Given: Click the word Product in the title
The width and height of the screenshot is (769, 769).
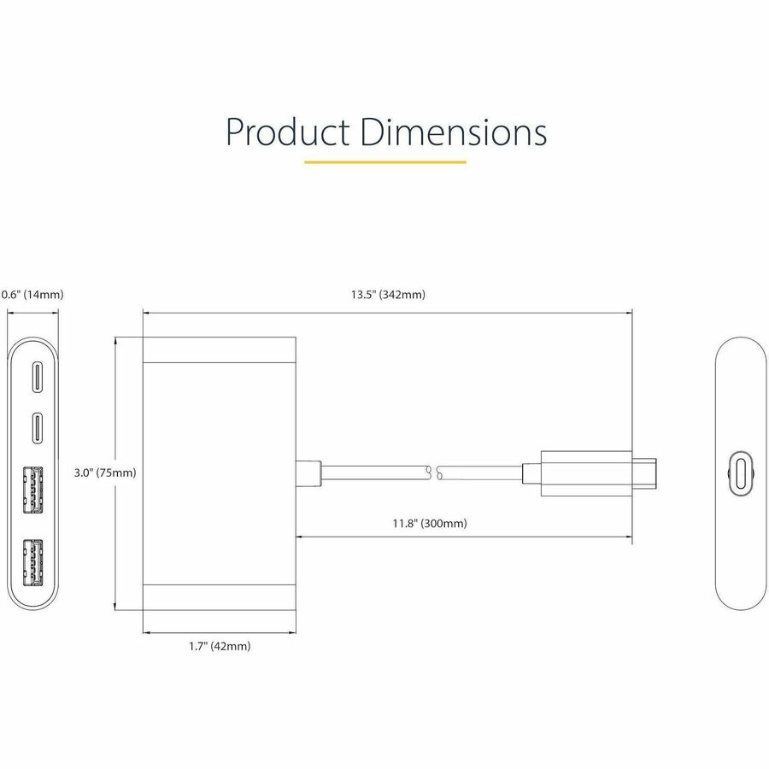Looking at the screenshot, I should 287,132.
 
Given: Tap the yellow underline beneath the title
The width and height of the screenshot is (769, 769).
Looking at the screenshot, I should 384,161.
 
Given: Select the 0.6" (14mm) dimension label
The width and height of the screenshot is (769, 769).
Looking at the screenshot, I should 32,295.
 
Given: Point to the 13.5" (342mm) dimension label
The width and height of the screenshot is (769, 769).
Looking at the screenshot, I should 387,295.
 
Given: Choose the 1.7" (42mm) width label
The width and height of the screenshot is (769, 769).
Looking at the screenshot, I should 220,646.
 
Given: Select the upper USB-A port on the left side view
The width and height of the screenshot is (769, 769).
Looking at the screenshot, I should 34,488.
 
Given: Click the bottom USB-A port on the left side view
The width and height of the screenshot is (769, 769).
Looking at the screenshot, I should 34,560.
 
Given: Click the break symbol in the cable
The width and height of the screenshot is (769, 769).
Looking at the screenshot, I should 433,473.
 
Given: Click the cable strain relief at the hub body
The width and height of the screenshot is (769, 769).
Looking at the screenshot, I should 308,473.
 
